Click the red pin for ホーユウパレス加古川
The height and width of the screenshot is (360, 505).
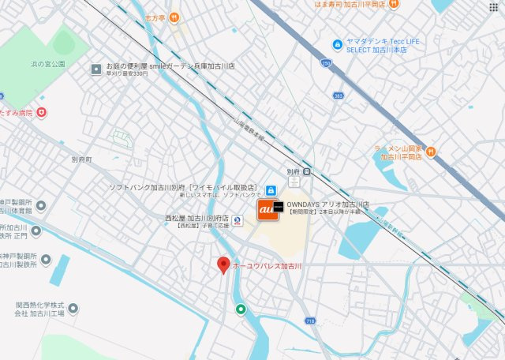[x=223, y=265]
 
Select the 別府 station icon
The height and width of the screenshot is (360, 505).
[x=306, y=171]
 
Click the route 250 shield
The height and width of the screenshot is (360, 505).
[x=325, y=63]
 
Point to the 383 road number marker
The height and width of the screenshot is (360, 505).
[x=338, y=95]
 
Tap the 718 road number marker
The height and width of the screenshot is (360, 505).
[x=311, y=321]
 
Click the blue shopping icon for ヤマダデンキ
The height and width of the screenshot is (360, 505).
[x=338, y=43]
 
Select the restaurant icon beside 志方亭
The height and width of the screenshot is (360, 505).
[x=174, y=17]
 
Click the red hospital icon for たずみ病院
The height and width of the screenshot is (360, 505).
[x=42, y=113]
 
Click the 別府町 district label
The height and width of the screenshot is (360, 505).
[x=81, y=159]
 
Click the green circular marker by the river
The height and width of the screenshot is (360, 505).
[x=241, y=309]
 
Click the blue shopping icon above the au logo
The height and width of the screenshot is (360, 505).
[x=271, y=190]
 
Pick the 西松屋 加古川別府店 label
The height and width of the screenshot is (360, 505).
[x=196, y=217]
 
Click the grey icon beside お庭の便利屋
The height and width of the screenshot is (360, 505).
[x=95, y=69]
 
